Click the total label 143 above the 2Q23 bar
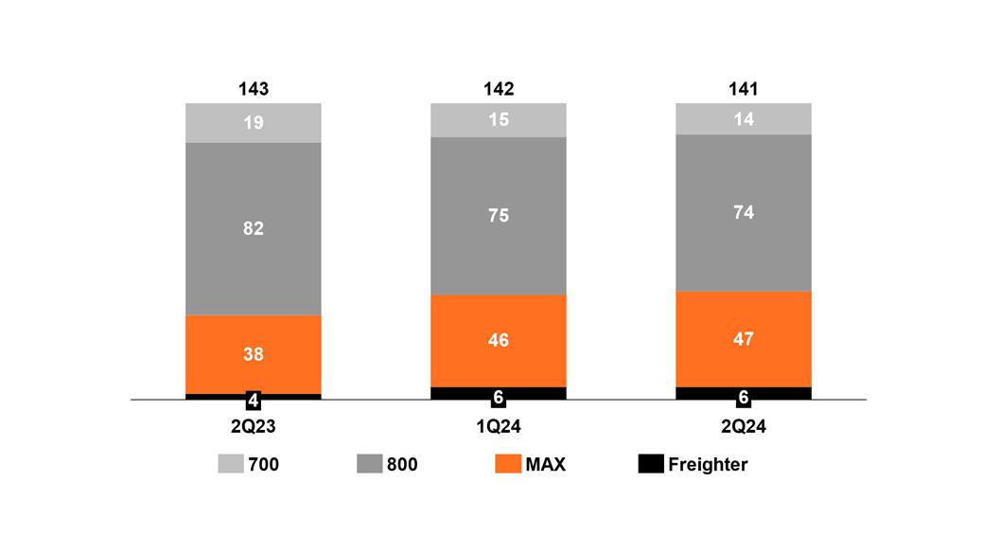[254, 89]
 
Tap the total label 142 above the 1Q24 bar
[499, 89]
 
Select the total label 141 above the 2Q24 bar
[744, 89]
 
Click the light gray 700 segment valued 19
[254, 123]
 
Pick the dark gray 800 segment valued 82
[254, 228]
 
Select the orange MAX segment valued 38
[254, 354]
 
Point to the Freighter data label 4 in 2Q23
[254, 400]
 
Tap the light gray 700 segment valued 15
[499, 120]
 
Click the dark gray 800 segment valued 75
[499, 216]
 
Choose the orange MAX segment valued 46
[499, 340]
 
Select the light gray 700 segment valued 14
[744, 119]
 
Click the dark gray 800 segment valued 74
[744, 212]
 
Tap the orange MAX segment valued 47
[744, 338]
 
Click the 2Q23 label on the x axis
[254, 427]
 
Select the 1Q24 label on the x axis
[499, 427]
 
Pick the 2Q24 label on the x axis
[744, 427]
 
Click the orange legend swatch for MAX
[508, 464]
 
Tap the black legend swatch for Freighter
[650, 464]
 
